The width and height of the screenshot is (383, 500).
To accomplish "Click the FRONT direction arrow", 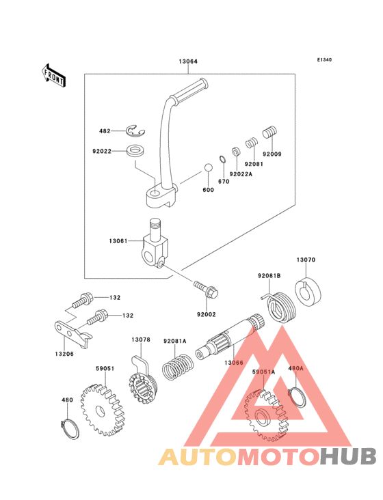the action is (x=53, y=75).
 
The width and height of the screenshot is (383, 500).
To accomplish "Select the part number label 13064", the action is (x=188, y=61).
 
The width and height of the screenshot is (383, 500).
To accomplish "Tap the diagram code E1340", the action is (x=324, y=59).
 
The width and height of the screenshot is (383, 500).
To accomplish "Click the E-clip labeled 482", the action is (x=135, y=131).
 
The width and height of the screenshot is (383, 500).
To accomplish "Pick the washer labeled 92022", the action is (x=135, y=152).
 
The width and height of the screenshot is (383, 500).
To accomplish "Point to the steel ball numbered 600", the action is (x=208, y=167).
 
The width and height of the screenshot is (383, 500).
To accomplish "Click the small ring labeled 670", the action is (x=223, y=159).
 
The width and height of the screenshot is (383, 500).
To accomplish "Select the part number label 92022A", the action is (x=241, y=174).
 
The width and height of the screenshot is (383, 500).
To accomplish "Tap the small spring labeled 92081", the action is (x=252, y=143).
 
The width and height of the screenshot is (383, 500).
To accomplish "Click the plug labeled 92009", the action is (x=270, y=133).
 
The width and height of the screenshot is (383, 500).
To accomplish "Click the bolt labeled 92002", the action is (x=206, y=288).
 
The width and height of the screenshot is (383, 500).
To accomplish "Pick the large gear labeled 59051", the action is (x=102, y=410).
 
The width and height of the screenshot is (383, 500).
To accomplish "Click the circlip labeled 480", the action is (x=70, y=429).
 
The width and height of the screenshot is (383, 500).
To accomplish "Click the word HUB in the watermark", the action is (x=349, y=456).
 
